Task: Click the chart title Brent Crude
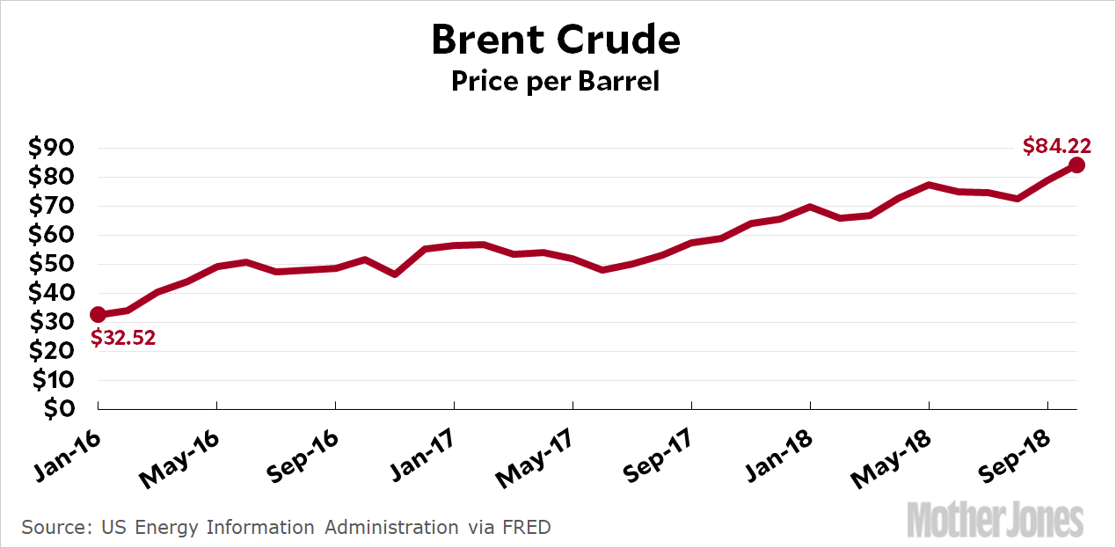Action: pos(555,40)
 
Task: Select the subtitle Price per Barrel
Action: pos(555,82)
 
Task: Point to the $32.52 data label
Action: pos(122,337)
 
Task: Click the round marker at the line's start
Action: pos(98,315)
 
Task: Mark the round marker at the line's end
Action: pos(1076,165)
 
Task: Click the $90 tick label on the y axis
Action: pos(52,148)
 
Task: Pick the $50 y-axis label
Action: pos(52,264)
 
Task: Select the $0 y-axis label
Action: pos(58,409)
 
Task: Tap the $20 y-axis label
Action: pos(52,351)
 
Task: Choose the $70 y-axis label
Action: pos(52,206)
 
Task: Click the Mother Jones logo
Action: pos(995,520)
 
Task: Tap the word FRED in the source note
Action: pos(526,528)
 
